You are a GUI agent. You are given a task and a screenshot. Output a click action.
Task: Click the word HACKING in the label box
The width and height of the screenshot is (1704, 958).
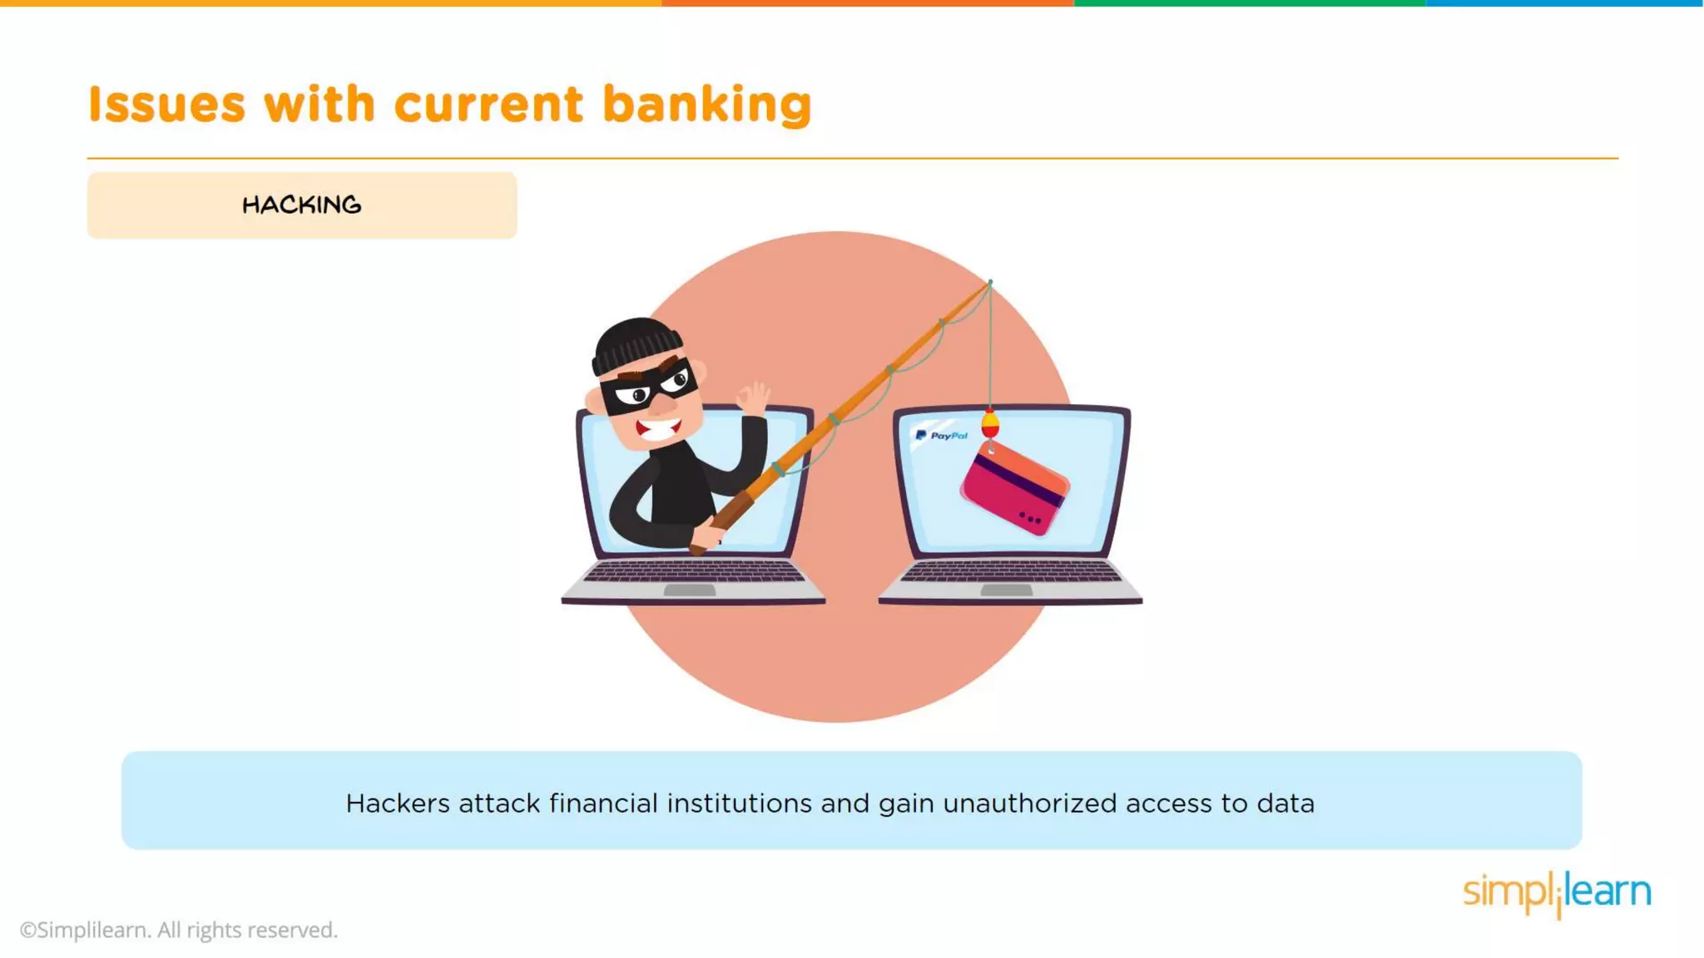[301, 205]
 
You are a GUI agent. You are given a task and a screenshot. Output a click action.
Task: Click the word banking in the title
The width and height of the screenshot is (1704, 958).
[706, 106]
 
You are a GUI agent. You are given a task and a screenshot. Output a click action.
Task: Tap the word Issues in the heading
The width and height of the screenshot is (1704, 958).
[166, 105]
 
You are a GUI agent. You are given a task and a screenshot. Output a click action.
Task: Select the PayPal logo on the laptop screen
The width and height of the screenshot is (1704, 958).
[941, 435]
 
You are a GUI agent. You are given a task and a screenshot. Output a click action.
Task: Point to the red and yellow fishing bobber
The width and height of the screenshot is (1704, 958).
[990, 425]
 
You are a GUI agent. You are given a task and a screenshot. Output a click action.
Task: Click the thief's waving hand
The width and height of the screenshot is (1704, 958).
[754, 399]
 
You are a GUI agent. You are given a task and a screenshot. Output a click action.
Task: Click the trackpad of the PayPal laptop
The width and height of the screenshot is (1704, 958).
[1006, 590]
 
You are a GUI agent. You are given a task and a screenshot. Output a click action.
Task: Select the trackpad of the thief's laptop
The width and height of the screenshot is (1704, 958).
[690, 590]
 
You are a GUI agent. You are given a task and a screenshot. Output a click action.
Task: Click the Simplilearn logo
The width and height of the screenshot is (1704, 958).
[1557, 893]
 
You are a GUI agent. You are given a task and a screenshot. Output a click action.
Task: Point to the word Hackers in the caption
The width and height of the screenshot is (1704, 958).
[397, 803]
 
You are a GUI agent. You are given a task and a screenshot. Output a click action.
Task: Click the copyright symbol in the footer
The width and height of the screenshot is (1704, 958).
[28, 931]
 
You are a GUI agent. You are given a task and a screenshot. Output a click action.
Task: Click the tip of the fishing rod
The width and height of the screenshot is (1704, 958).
[989, 283]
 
